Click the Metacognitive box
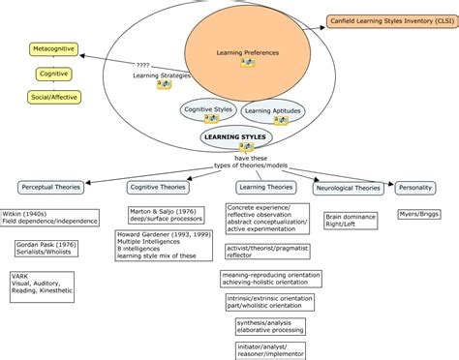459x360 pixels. point(54,47)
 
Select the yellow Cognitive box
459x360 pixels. point(54,74)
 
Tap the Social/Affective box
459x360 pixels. point(54,98)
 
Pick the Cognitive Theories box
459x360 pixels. point(158,187)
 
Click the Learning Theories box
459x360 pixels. point(265,187)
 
